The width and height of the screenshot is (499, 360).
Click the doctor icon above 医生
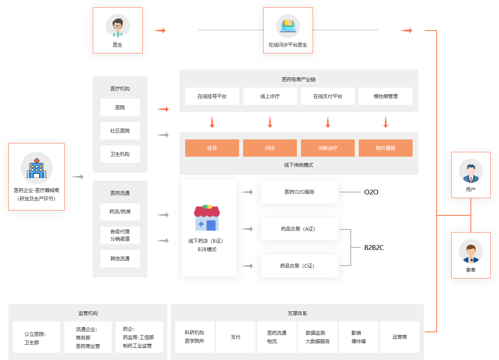click(x=118, y=26)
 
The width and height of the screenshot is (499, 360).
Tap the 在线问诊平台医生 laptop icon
click(x=288, y=26)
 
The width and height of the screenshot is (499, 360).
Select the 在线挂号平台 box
click(x=212, y=96)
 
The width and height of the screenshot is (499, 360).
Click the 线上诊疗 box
click(x=270, y=96)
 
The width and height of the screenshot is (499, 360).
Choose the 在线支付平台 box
click(x=328, y=96)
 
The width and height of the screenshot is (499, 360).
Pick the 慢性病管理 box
click(x=386, y=96)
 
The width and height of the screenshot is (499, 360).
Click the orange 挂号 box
click(x=212, y=148)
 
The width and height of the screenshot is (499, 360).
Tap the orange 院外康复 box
click(x=386, y=148)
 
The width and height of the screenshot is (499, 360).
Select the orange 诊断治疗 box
click(x=328, y=148)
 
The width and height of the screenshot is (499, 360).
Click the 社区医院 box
click(x=120, y=131)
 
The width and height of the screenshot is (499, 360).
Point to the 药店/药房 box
click(x=120, y=212)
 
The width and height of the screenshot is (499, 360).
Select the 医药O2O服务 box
click(x=300, y=192)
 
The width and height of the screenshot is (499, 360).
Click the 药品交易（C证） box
click(x=300, y=266)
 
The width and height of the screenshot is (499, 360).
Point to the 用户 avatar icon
click(x=470, y=171)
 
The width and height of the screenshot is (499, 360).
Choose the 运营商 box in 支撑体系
click(x=400, y=337)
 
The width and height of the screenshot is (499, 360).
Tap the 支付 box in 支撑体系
click(x=236, y=337)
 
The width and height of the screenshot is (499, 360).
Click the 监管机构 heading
click(x=88, y=313)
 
